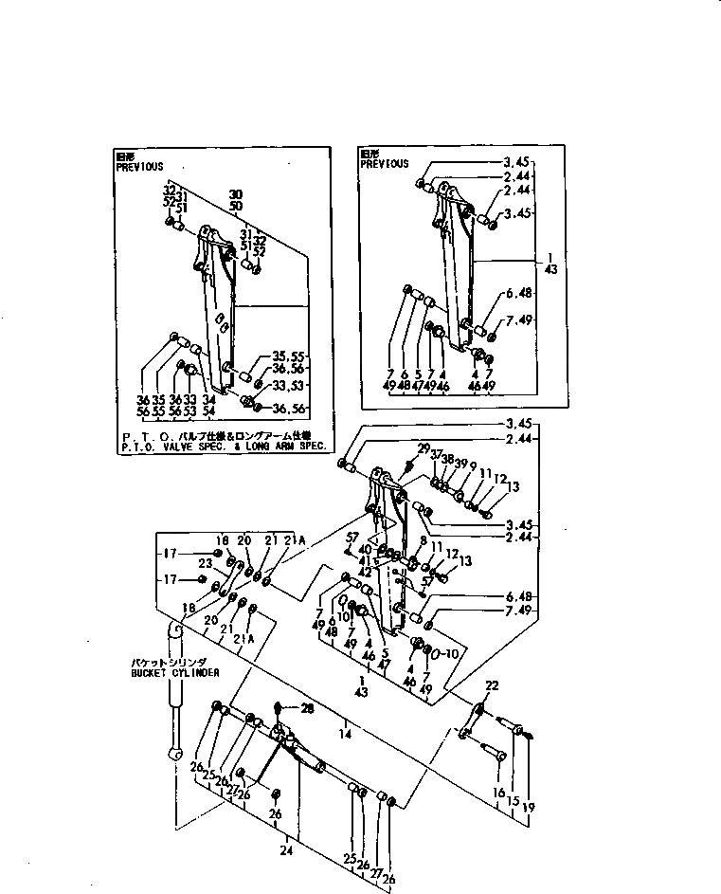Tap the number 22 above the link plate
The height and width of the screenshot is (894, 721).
pyautogui.click(x=491, y=686)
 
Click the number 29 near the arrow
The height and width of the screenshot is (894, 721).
pyautogui.click(x=424, y=448)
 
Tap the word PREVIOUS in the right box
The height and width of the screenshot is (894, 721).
pyautogui.click(x=385, y=164)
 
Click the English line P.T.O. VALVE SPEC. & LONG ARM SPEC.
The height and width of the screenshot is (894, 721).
pyautogui.click(x=224, y=445)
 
